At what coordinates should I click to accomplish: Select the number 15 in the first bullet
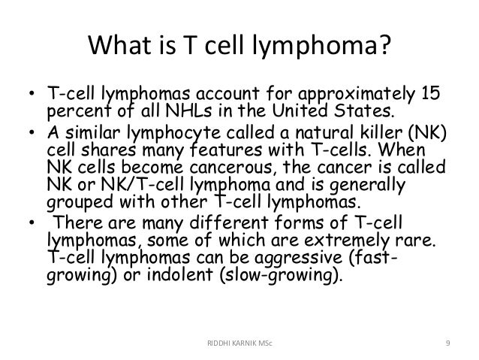pyautogui.click(x=429, y=99)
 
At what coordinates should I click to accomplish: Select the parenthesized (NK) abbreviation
pyautogui.click(x=429, y=135)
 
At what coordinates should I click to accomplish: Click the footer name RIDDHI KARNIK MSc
pyautogui.click(x=239, y=343)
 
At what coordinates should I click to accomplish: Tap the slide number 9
pyautogui.click(x=447, y=343)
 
